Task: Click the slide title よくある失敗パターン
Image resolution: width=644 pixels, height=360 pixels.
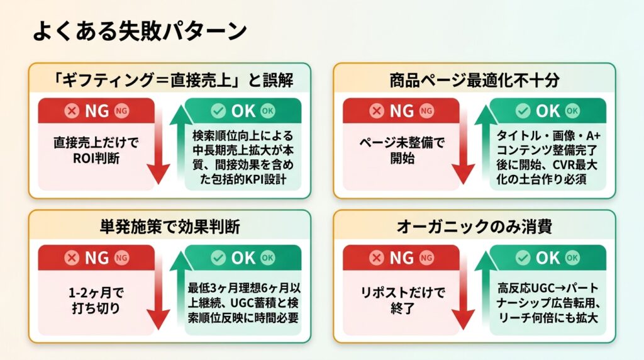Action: click(140, 31)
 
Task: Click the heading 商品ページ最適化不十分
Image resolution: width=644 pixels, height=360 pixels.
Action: click(474, 80)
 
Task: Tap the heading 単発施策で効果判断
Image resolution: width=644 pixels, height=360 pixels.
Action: click(170, 227)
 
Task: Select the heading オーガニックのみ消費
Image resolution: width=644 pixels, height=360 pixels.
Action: click(474, 227)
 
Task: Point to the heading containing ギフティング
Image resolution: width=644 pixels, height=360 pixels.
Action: click(172, 80)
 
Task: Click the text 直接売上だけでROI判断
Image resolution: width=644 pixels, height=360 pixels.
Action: click(96, 150)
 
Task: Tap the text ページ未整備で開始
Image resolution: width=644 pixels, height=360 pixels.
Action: click(402, 150)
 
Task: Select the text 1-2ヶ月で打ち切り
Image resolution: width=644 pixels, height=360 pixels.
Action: click(96, 300)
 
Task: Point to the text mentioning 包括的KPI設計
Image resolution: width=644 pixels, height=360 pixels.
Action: click(243, 157)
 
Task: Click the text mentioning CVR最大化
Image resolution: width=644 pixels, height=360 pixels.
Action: click(548, 157)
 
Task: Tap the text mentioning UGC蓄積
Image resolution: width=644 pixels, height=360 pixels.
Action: click(243, 303)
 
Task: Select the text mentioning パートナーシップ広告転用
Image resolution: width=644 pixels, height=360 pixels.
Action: click(548, 303)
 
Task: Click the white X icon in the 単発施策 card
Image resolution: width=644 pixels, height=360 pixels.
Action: click(72, 257)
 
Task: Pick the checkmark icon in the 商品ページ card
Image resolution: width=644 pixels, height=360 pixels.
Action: click(523, 111)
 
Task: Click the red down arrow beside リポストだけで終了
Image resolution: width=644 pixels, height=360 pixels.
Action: click(464, 294)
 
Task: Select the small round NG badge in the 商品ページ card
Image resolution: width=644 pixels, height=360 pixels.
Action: click(426, 111)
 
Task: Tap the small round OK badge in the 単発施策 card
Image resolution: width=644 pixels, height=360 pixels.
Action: click(268, 257)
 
